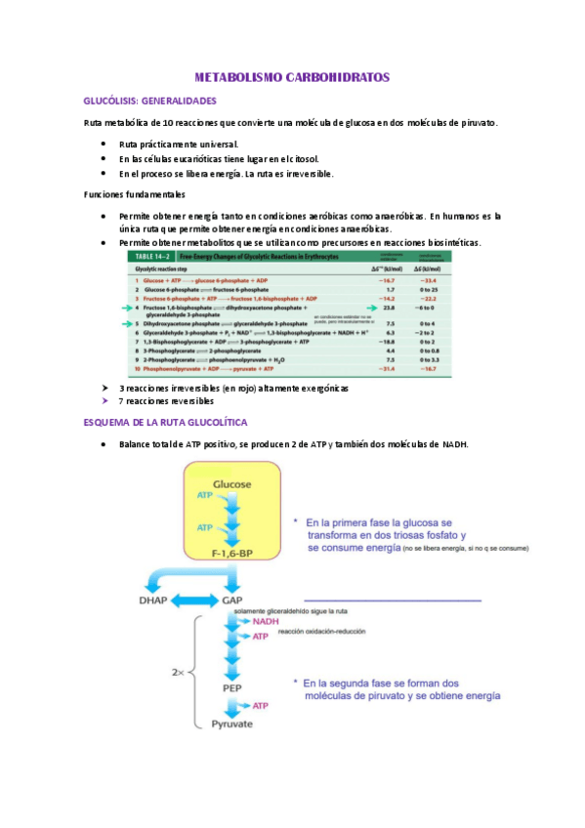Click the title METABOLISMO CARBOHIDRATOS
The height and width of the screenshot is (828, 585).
tap(292, 76)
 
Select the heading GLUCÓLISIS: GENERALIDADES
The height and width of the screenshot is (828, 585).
tap(150, 101)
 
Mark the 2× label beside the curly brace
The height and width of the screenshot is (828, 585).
tap(176, 673)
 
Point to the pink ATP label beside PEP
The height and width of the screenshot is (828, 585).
tap(261, 705)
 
